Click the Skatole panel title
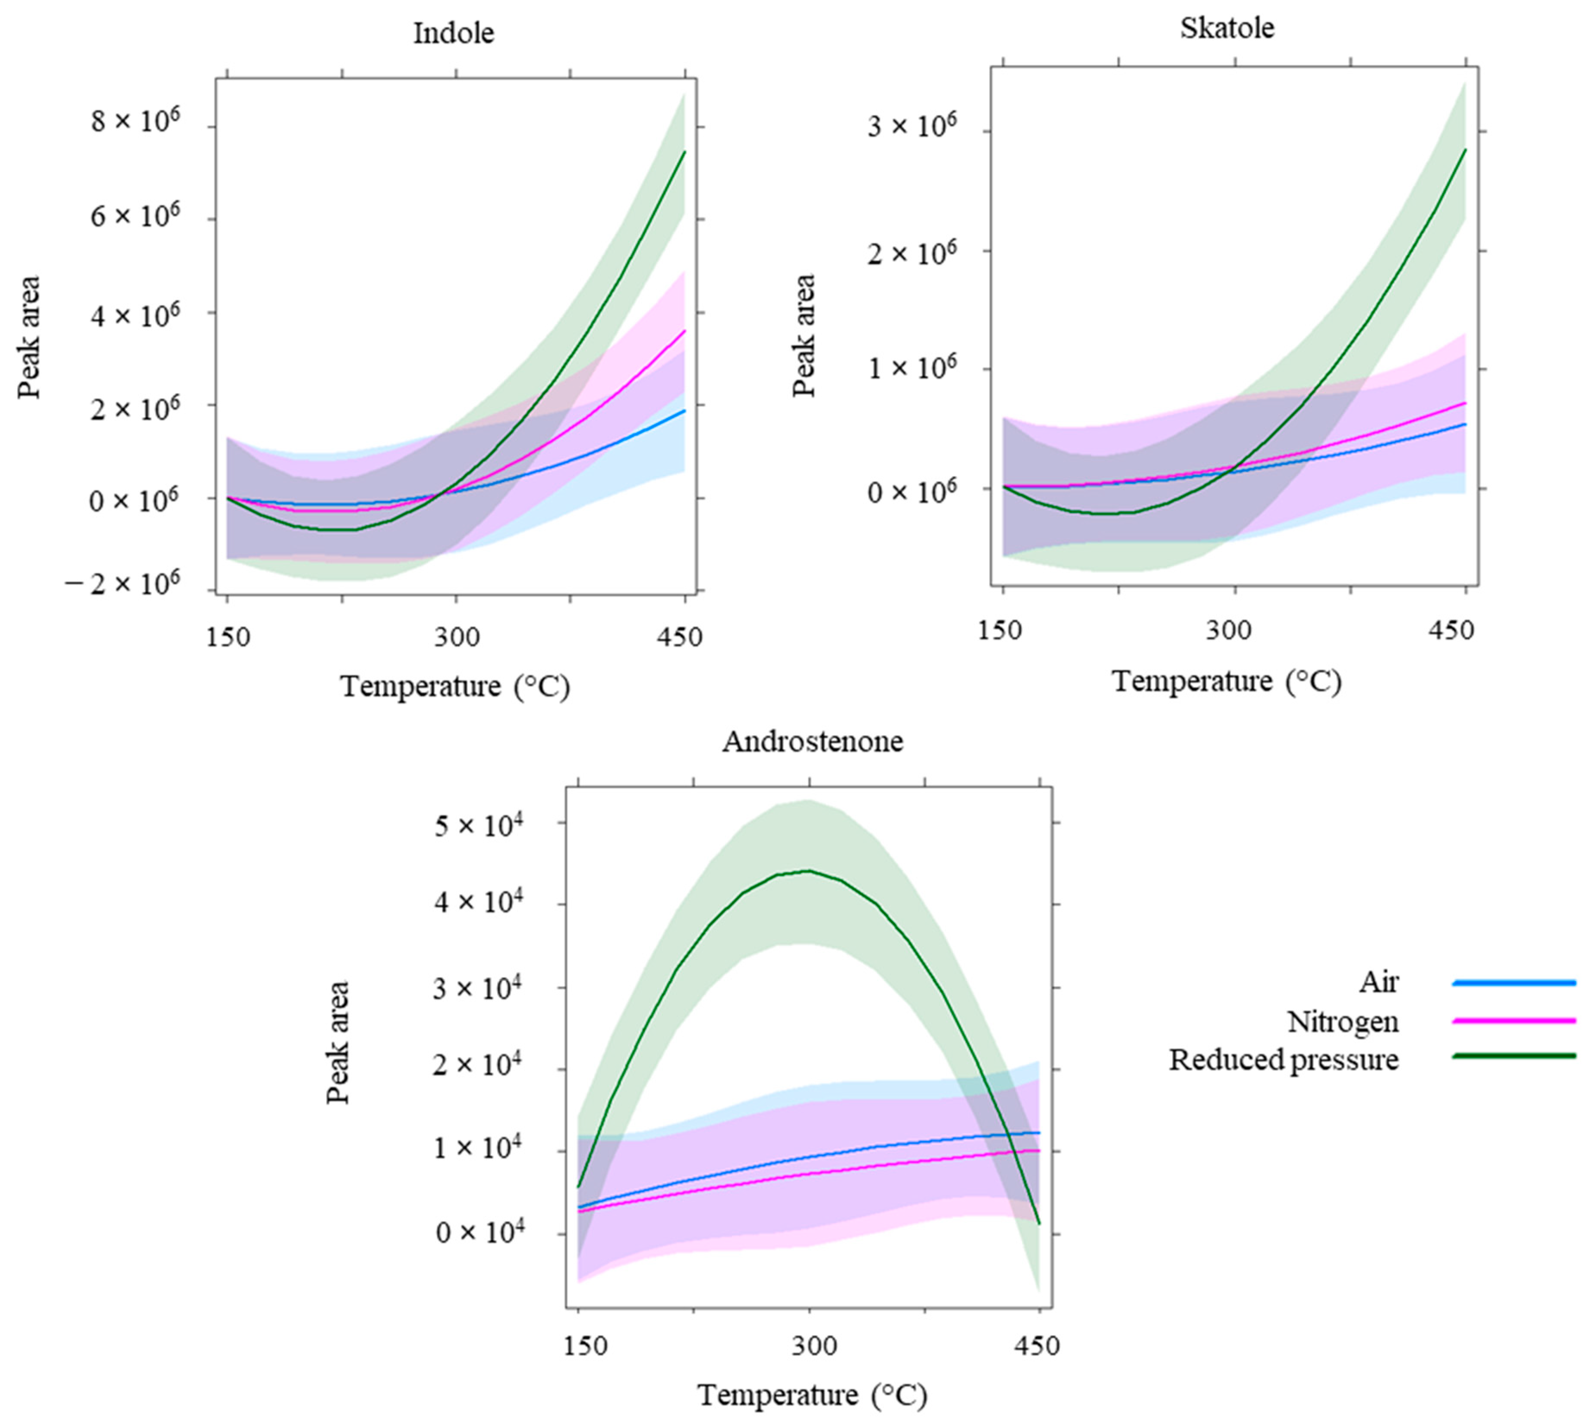pos(1227,28)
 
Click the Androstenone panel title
pos(812,741)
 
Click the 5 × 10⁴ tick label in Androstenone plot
pos(480,825)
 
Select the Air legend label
pos(1378,982)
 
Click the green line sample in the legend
pos(1513,1056)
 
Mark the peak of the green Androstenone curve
pos(808,871)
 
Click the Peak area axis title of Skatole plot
pos(804,336)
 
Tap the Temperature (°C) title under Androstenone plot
pos(812,1395)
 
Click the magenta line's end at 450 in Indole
pos(684,331)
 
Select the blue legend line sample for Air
pos(1513,982)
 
